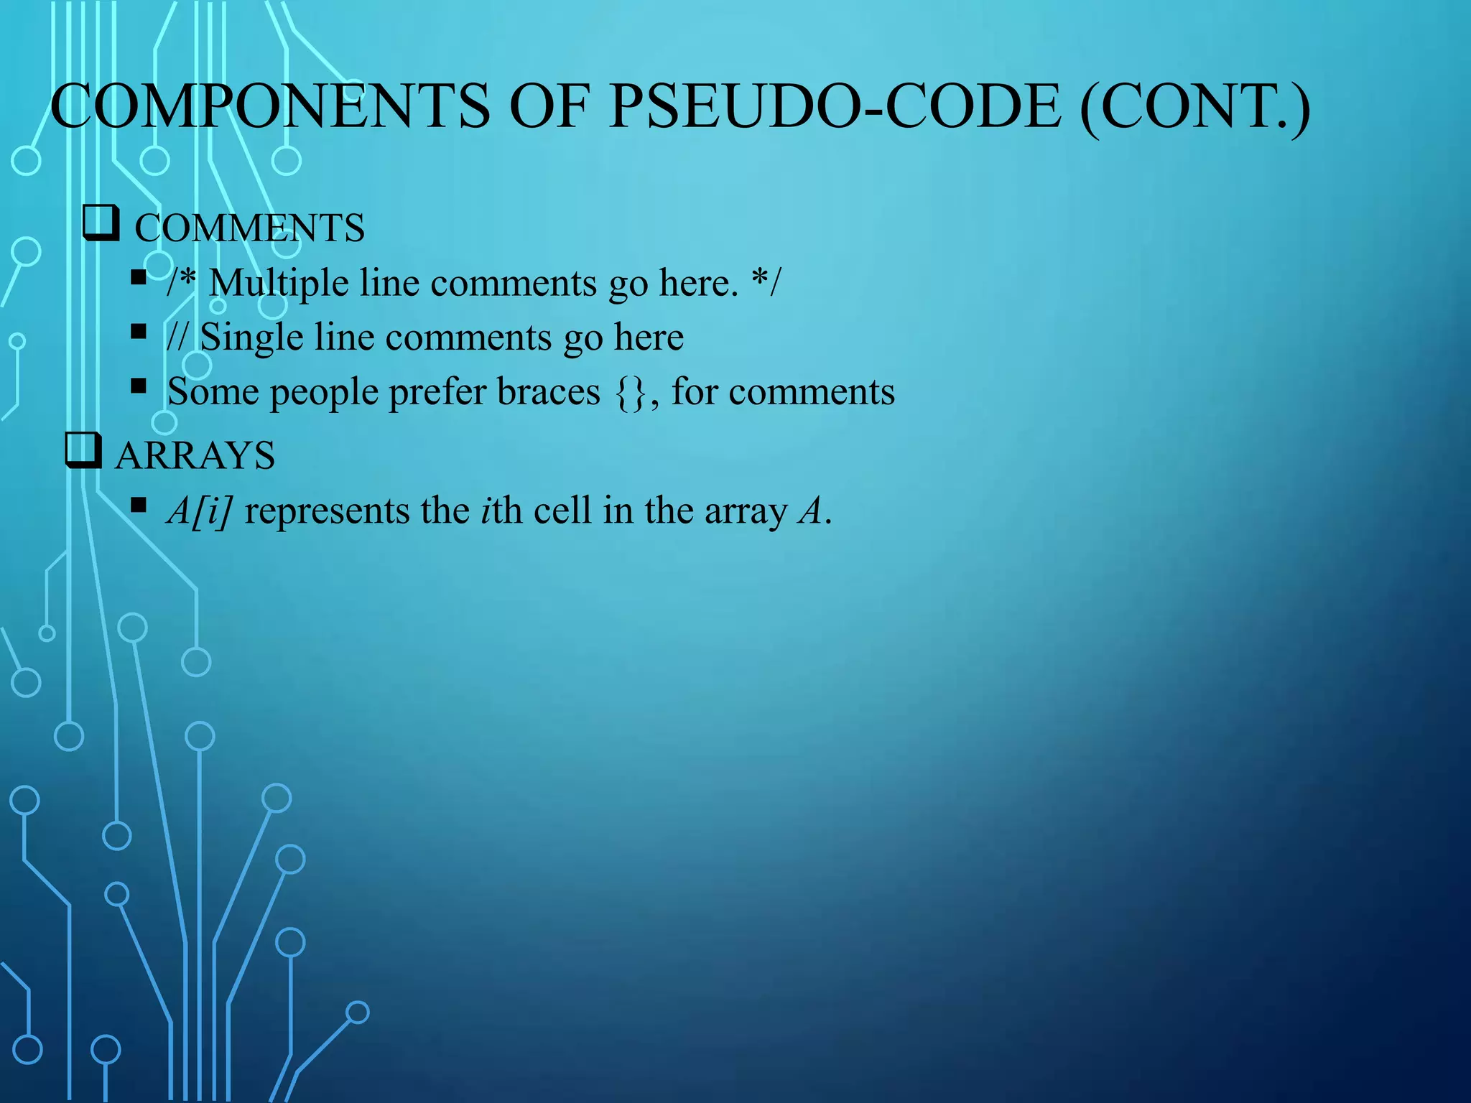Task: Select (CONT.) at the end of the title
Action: tap(1195, 106)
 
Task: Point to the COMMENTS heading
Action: tap(249, 228)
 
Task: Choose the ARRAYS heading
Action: tap(195, 455)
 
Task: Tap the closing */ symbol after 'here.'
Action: tap(766, 281)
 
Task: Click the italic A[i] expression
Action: tap(199, 511)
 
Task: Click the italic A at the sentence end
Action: tap(811, 511)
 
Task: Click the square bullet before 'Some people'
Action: tap(139, 387)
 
